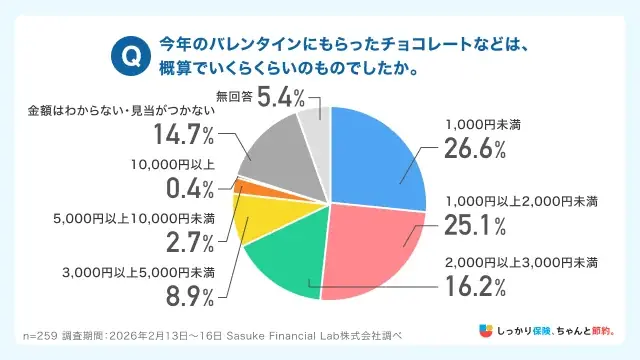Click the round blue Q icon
coord(128,56)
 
